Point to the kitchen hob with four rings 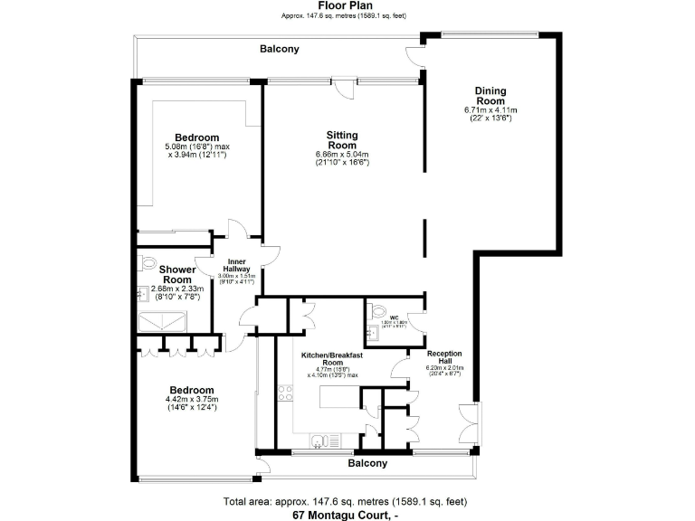click(x=286, y=393)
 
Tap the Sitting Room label click(x=342, y=140)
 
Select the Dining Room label click(x=490, y=96)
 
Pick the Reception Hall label click(x=444, y=357)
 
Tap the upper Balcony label click(x=279, y=49)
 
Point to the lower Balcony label click(x=368, y=463)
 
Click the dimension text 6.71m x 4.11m click(x=489, y=110)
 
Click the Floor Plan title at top click(x=347, y=5)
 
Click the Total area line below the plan click(x=347, y=501)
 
